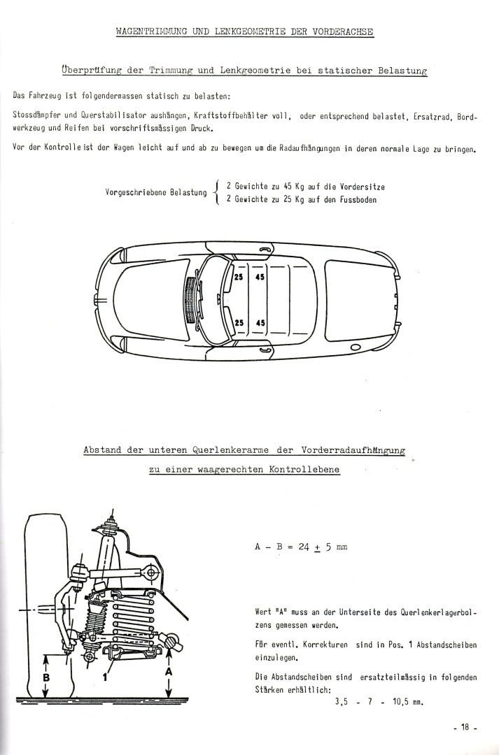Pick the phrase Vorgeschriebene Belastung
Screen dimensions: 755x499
[x=155, y=192]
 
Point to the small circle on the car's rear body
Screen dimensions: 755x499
[x=354, y=347]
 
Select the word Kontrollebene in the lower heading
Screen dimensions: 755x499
[x=304, y=470]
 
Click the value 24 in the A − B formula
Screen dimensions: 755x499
[x=304, y=547]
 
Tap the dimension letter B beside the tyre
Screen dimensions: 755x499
[x=47, y=677]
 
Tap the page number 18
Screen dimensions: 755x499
[x=464, y=728]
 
